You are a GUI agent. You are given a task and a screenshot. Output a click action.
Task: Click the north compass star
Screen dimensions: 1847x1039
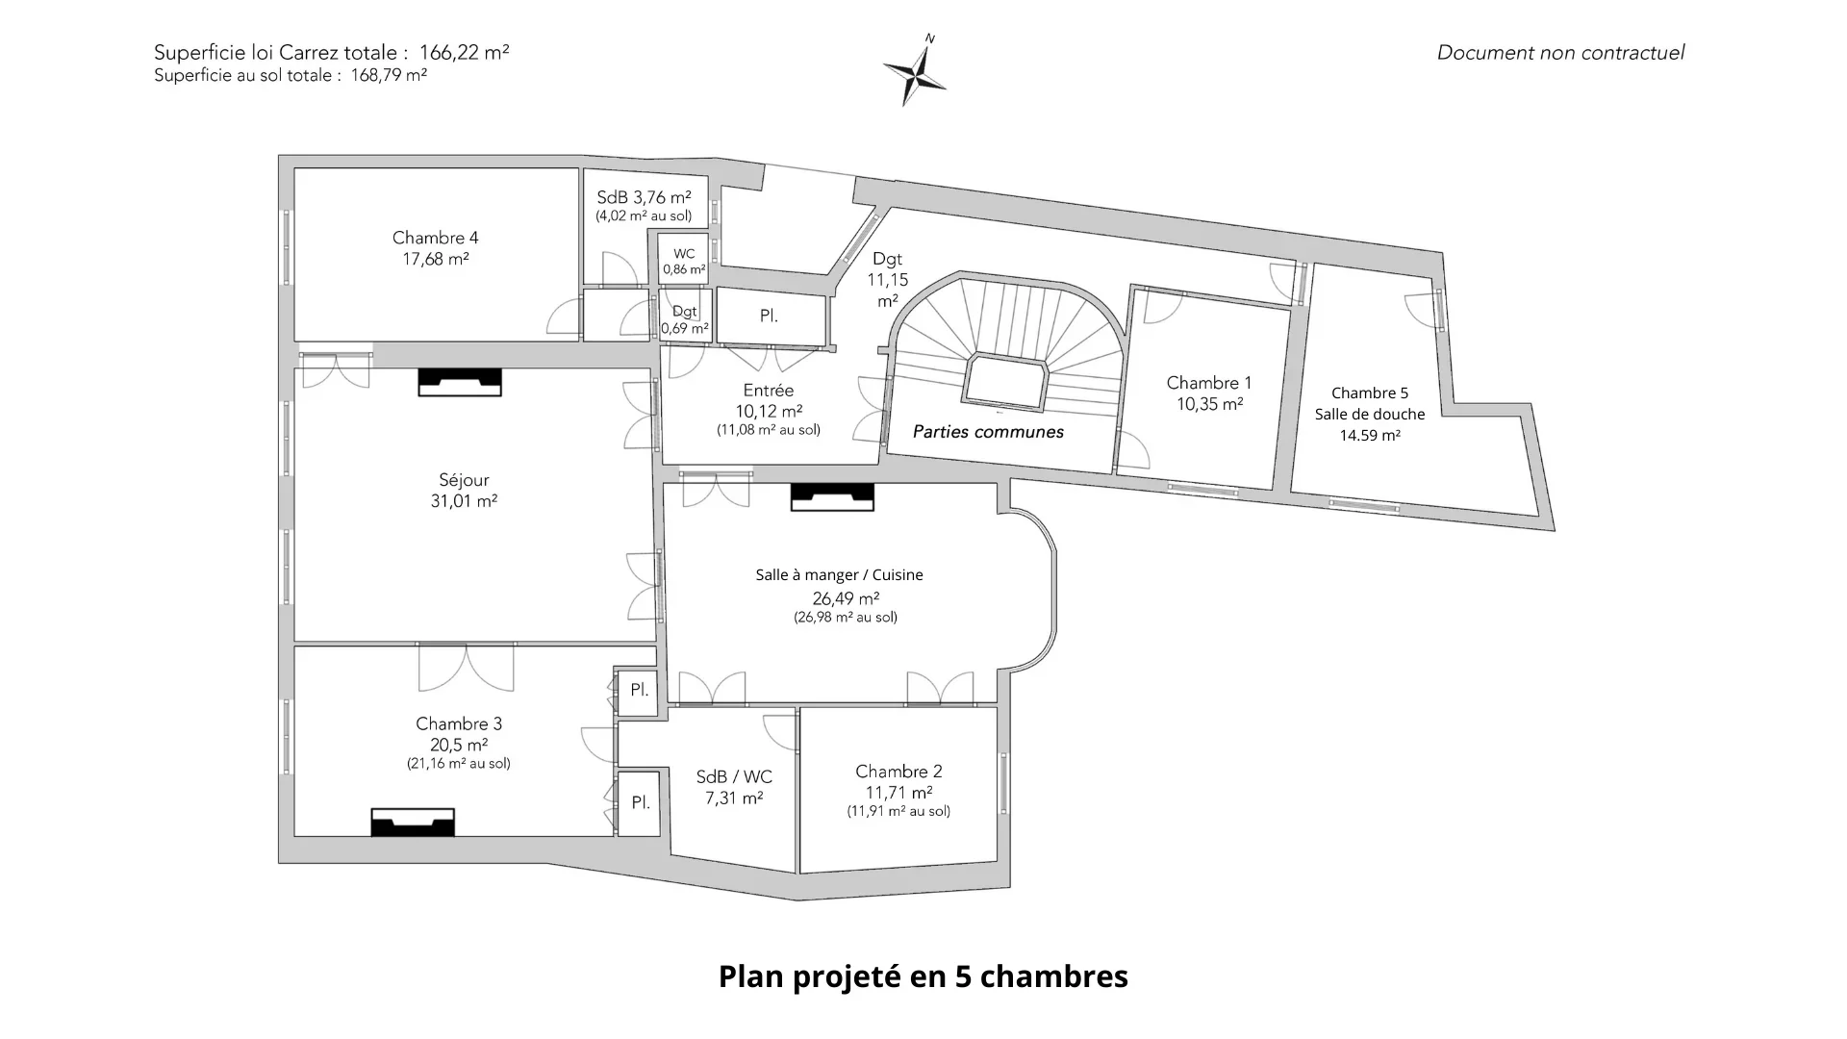click(x=915, y=70)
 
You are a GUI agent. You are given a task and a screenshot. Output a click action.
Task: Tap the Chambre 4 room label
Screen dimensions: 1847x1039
click(x=435, y=238)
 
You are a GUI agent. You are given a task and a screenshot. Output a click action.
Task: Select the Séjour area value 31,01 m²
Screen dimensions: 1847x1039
click(x=464, y=501)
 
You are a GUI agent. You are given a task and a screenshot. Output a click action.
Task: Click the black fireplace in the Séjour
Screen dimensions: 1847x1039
click(x=460, y=382)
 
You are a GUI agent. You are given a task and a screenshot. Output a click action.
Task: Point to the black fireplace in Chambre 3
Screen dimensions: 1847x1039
click(x=413, y=823)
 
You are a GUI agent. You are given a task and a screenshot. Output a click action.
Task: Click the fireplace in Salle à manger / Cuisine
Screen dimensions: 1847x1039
click(x=832, y=496)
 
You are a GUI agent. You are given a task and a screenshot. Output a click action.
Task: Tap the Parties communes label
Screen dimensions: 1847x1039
click(x=988, y=432)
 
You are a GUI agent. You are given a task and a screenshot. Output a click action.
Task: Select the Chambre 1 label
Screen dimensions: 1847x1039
click(x=1209, y=383)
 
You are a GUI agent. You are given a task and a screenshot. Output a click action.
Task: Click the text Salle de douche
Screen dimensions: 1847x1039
click(x=1370, y=414)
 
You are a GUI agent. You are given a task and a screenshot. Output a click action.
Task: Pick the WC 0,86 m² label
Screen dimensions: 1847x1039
click(x=684, y=262)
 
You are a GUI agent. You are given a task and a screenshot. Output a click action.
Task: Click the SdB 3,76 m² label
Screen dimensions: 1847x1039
click(x=644, y=197)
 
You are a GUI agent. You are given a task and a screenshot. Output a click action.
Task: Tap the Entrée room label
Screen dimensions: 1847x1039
click(x=769, y=391)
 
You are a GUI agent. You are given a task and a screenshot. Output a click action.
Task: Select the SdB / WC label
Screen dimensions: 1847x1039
click(x=734, y=777)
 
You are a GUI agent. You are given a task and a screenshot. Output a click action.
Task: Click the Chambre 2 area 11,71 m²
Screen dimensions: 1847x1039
click(x=899, y=793)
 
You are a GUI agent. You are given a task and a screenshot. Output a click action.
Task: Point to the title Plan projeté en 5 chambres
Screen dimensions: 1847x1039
click(x=923, y=976)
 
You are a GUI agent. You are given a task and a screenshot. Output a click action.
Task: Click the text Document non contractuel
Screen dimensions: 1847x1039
click(x=1560, y=53)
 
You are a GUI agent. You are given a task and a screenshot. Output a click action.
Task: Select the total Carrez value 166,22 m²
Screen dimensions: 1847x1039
click(x=464, y=53)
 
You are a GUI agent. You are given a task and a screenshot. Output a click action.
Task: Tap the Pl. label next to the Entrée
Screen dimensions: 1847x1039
click(x=769, y=316)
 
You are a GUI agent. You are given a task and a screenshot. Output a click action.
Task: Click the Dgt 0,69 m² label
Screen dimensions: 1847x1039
click(x=685, y=320)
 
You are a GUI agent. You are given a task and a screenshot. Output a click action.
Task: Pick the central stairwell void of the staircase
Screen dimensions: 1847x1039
click(x=1005, y=382)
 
